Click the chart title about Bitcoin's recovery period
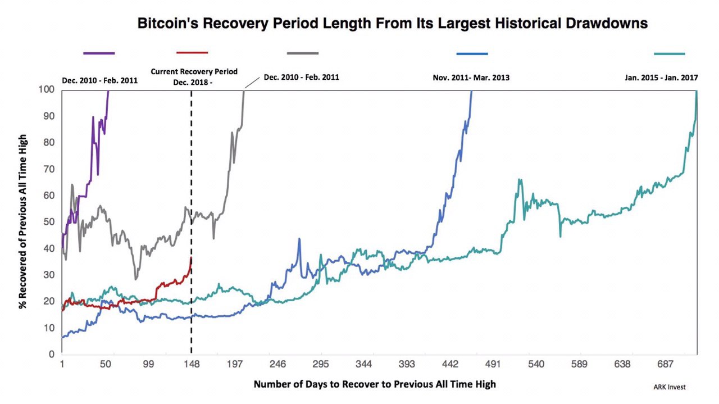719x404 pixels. (x=393, y=24)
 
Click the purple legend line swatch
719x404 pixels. (x=99, y=53)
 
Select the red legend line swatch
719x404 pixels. (x=192, y=53)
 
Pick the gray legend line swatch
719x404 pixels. (x=303, y=53)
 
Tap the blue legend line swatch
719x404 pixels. (x=472, y=53)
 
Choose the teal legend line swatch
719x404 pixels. (x=670, y=53)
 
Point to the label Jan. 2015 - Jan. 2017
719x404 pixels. (x=661, y=78)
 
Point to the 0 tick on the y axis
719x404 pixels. (x=52, y=355)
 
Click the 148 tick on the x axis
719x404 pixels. (x=192, y=365)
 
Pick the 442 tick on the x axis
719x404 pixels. (x=450, y=365)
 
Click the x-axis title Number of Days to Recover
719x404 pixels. (x=375, y=385)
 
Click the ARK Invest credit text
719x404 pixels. (x=670, y=387)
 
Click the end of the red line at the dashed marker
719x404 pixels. (x=191, y=259)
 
